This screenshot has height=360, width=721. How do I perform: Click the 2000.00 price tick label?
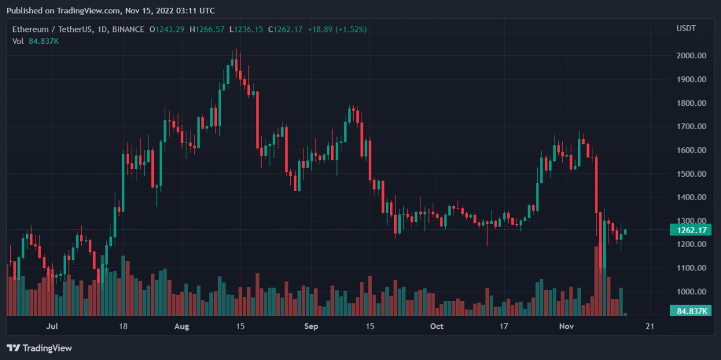pyautogui.click(x=690, y=56)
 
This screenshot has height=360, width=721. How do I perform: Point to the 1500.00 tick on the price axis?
pyautogui.click(x=690, y=174)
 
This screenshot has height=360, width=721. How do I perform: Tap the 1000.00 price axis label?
pyautogui.click(x=690, y=291)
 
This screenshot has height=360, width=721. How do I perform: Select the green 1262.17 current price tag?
pyautogui.click(x=690, y=229)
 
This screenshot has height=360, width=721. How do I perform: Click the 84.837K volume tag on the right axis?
pyautogui.click(x=690, y=311)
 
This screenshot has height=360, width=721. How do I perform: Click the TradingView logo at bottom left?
pyautogui.click(x=39, y=348)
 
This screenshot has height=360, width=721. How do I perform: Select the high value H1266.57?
pyautogui.click(x=207, y=29)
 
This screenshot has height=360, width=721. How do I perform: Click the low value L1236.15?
pyautogui.click(x=246, y=29)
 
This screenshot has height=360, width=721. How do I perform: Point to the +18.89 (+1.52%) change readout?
pyautogui.click(x=337, y=29)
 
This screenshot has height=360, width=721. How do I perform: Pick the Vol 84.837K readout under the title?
pyautogui.click(x=35, y=41)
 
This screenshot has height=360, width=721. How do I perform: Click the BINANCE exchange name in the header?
pyautogui.click(x=128, y=29)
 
